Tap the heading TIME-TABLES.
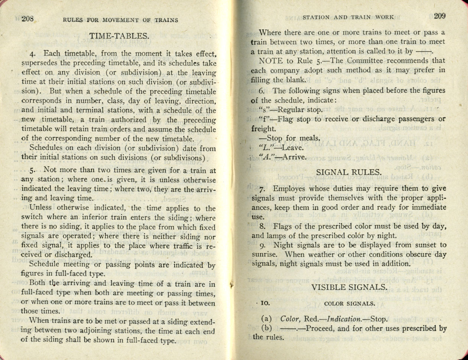pyautogui.click(x=119, y=36)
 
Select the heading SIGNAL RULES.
pyautogui.click(x=348, y=172)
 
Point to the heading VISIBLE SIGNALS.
pyautogui.click(x=349, y=287)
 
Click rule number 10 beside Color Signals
pyautogui.click(x=265, y=303)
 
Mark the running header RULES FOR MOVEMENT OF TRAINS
pyautogui.click(x=120, y=20)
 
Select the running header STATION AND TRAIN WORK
pyautogui.click(x=348, y=17)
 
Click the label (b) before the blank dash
pyautogui.click(x=267, y=328)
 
